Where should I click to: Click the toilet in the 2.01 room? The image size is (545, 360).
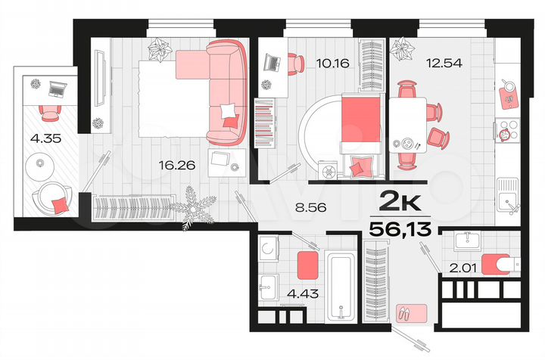pos(503,262)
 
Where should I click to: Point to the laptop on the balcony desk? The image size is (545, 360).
pos(54,89)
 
